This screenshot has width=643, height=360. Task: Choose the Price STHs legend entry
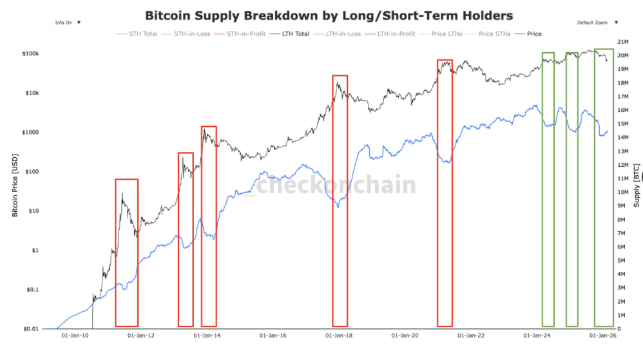(x=494, y=33)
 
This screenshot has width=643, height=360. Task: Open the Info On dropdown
(x=68, y=22)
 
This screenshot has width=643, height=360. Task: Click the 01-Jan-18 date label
(x=338, y=336)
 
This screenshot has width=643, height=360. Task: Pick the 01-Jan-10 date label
(x=73, y=336)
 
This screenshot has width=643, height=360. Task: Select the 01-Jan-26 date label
(x=602, y=336)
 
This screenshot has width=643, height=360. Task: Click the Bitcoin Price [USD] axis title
(x=15, y=184)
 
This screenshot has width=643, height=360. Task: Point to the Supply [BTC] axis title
(x=637, y=184)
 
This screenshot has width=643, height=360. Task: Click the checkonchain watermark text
(x=336, y=185)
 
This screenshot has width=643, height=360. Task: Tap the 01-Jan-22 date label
(x=472, y=336)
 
